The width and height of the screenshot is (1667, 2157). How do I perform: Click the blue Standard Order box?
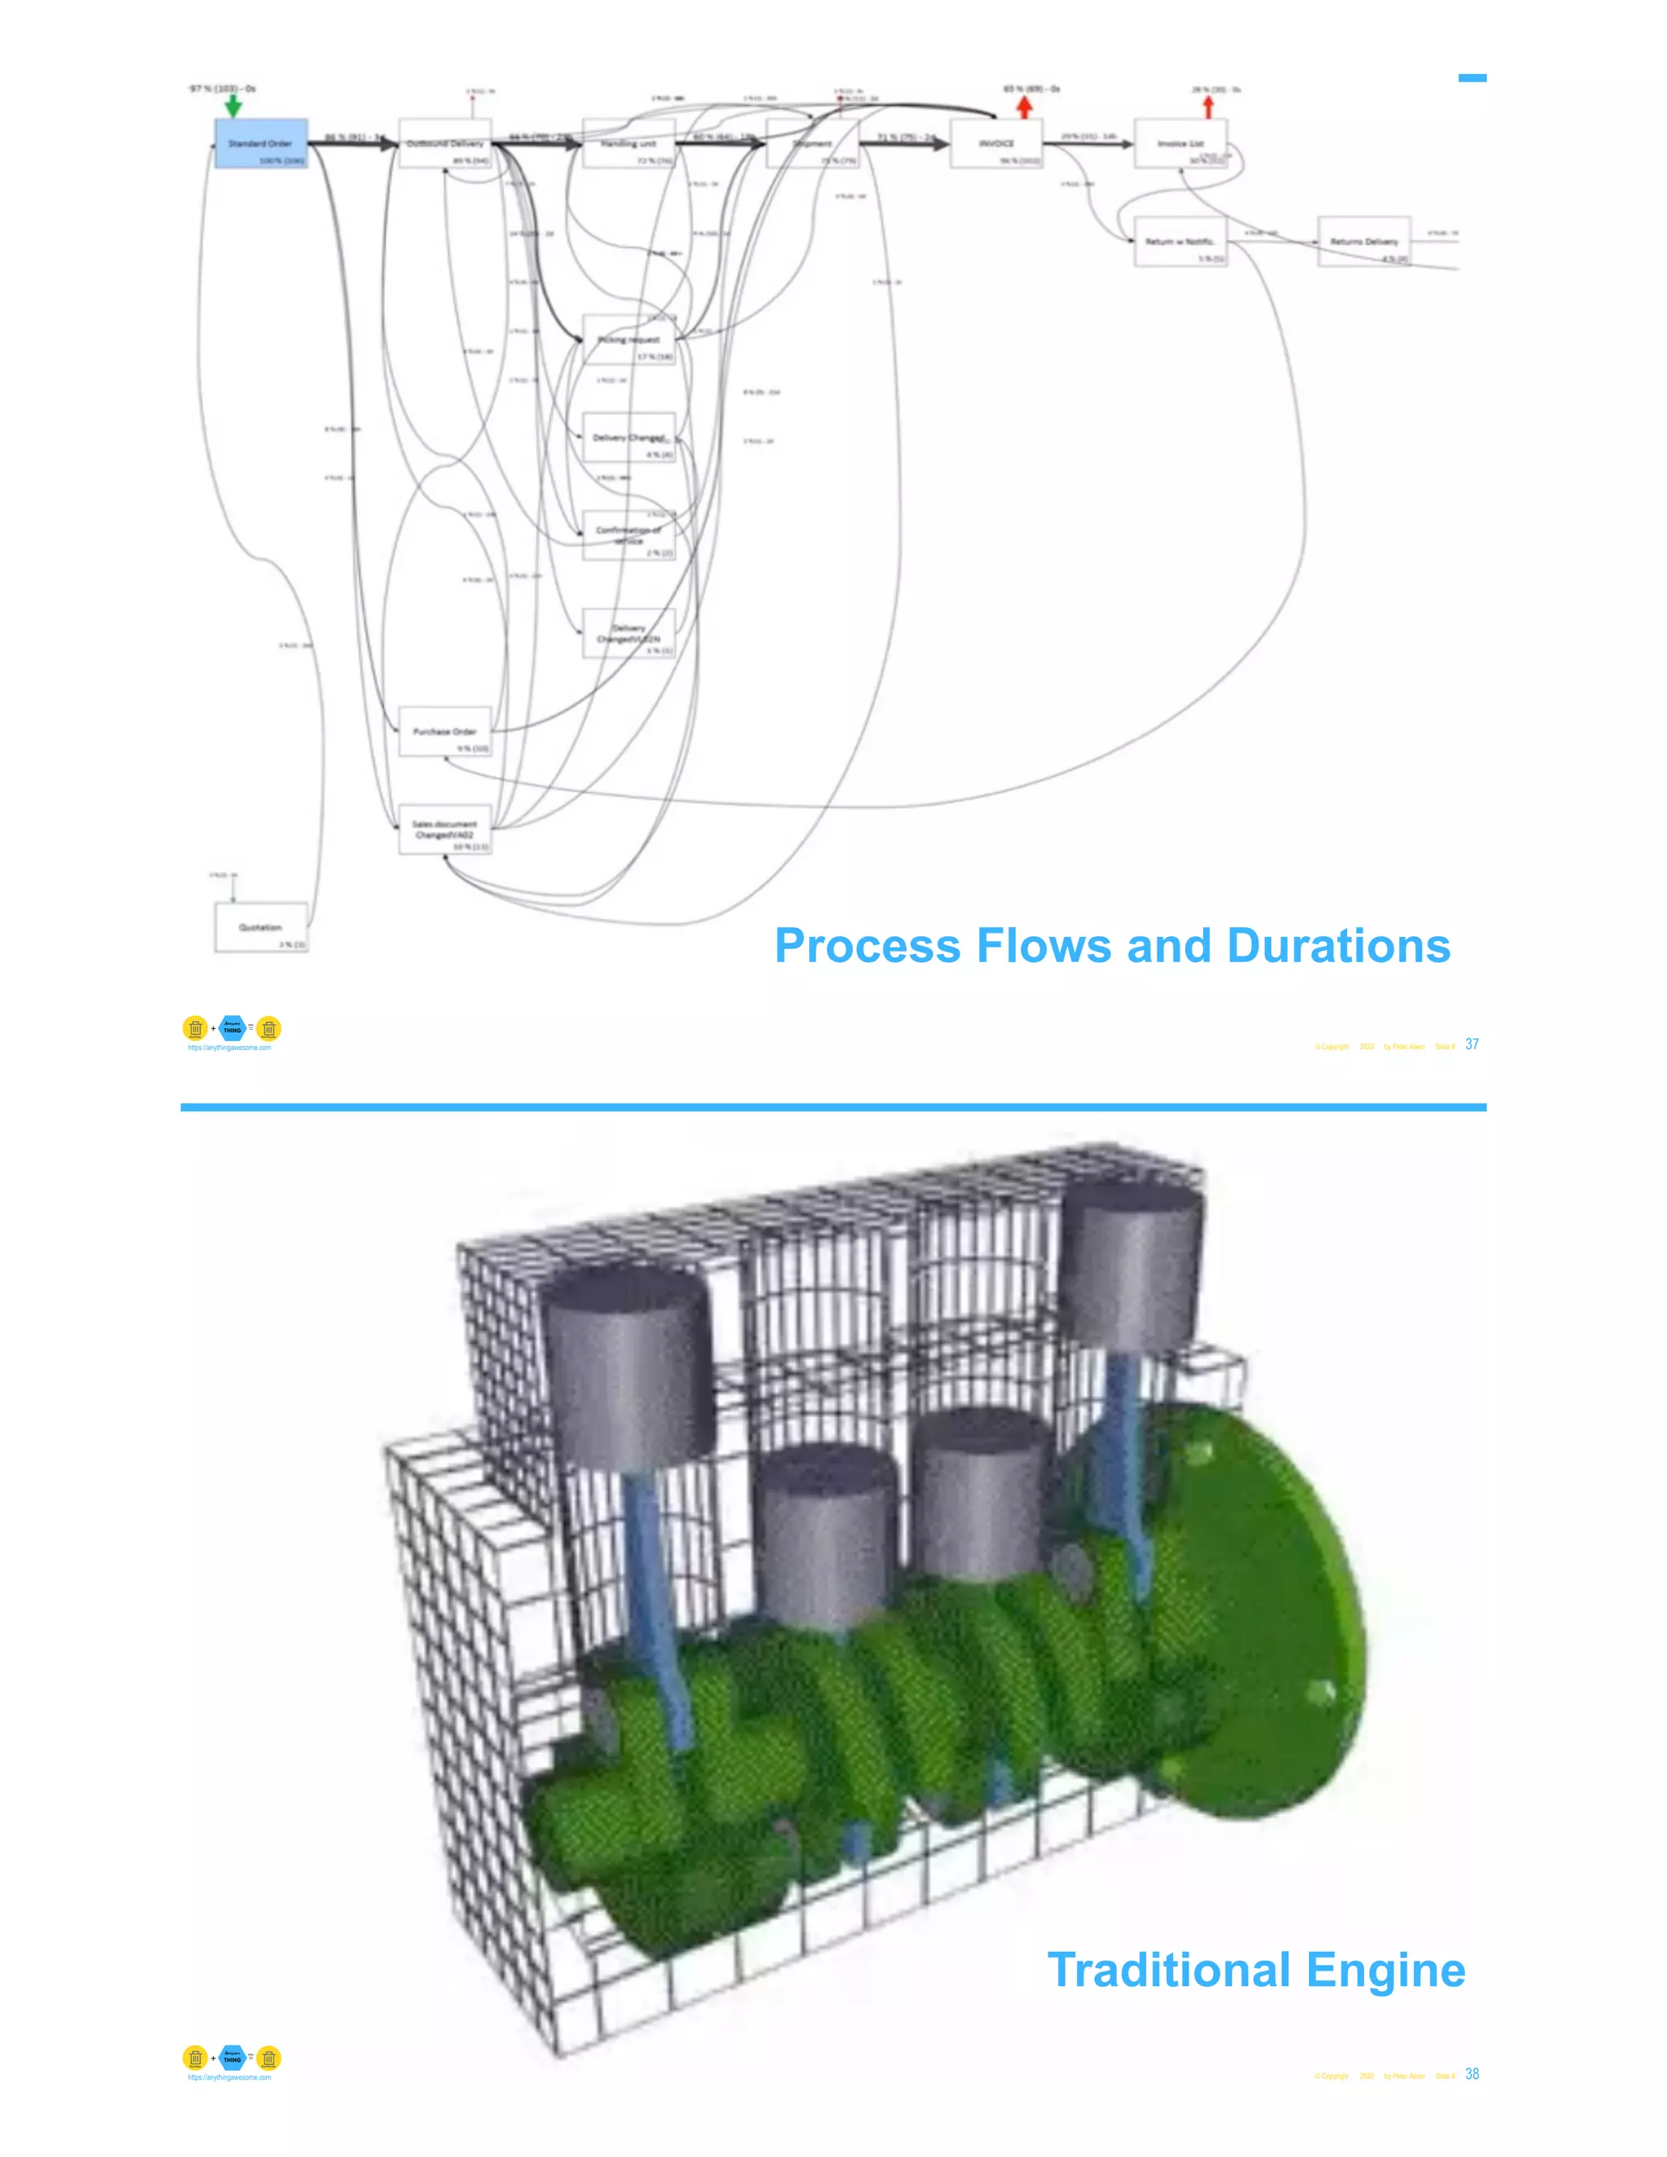click(x=260, y=144)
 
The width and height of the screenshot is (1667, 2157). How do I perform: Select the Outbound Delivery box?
click(x=444, y=144)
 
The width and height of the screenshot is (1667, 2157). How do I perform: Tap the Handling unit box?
click(x=628, y=144)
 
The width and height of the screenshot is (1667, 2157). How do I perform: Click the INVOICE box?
click(x=995, y=144)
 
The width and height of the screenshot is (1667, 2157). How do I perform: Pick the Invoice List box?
click(x=1180, y=144)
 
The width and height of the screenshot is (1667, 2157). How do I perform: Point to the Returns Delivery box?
click(x=1364, y=242)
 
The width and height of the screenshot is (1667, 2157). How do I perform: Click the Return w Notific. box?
click(x=1180, y=242)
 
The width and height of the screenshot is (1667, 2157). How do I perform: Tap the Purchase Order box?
click(x=444, y=732)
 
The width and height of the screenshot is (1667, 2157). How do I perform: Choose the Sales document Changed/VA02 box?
click(x=444, y=829)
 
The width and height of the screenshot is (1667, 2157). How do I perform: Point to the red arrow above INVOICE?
click(x=1024, y=106)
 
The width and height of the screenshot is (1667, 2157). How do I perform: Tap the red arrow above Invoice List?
click(x=1207, y=106)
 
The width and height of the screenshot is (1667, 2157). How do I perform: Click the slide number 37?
click(x=1472, y=1044)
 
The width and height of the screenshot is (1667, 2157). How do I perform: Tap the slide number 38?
click(x=1472, y=2074)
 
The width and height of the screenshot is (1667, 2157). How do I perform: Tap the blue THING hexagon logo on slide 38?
click(x=232, y=2059)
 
